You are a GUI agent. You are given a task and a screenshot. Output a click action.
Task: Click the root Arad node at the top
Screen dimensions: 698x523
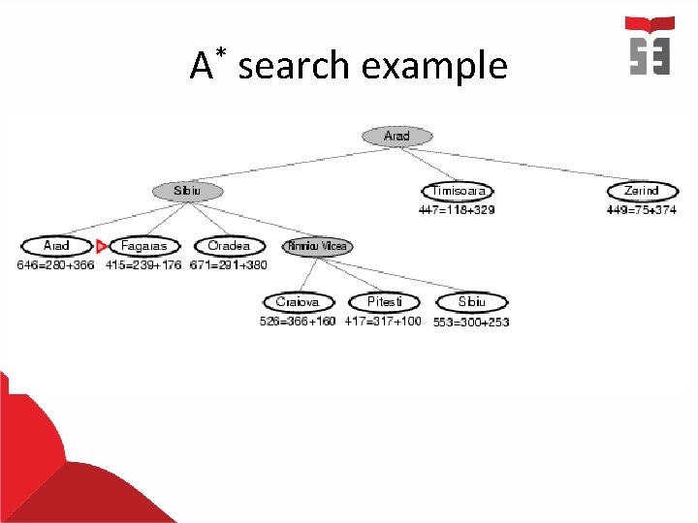[x=397, y=137]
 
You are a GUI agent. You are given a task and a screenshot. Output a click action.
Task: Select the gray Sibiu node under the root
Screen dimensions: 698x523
[x=187, y=192]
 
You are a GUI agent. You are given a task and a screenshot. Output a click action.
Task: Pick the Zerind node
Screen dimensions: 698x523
[x=642, y=192]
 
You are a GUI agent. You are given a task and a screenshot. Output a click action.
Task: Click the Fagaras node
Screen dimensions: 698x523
[x=144, y=247]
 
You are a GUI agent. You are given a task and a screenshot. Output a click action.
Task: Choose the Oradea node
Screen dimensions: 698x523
[x=229, y=246]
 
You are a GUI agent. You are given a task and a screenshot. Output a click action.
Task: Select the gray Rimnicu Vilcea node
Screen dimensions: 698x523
[x=316, y=247]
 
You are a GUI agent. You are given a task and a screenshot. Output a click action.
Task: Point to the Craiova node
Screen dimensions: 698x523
[x=298, y=302]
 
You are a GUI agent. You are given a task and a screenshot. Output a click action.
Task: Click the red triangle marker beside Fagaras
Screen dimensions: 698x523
[x=101, y=247]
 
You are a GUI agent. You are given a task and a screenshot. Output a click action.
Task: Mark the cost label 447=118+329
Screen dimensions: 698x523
[x=456, y=209]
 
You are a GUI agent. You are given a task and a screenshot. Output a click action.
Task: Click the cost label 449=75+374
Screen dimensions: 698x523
[x=642, y=209]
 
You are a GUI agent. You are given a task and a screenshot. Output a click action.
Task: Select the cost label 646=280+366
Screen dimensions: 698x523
[x=56, y=264]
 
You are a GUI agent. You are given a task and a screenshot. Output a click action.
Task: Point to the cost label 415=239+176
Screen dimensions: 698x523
[x=144, y=264]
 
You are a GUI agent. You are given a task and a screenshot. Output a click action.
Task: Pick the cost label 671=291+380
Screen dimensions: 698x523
[x=229, y=264]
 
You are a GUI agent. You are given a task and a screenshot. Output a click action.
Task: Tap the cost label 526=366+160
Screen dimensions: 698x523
[x=298, y=321]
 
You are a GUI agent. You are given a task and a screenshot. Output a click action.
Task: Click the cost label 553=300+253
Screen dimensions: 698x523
[x=471, y=322]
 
